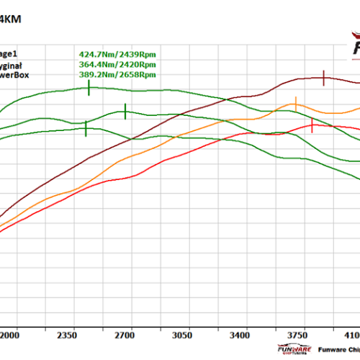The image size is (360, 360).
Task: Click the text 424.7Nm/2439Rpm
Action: coord(117,53)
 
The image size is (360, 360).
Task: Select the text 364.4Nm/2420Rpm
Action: coord(117,63)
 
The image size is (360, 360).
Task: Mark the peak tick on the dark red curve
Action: coord(324,78)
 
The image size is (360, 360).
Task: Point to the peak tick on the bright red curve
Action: coord(312,127)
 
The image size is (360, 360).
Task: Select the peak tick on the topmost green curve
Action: coord(89,88)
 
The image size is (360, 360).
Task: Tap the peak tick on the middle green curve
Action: coord(125,111)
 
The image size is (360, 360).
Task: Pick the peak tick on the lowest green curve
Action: coord(86,127)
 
